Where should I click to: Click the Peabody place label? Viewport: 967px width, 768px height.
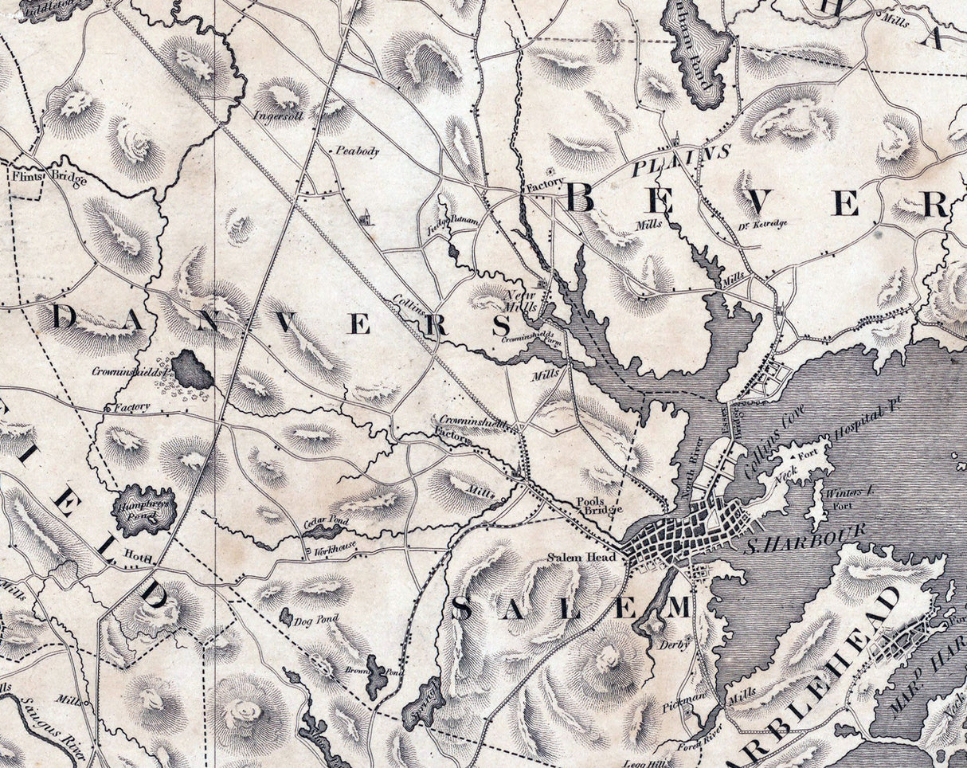[x=357, y=151]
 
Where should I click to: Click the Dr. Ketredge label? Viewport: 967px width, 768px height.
[x=764, y=224]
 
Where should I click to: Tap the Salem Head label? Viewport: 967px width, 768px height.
[x=581, y=558]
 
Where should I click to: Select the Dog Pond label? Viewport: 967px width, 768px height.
[x=316, y=619]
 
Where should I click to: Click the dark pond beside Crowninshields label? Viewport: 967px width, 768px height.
[x=192, y=370]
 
